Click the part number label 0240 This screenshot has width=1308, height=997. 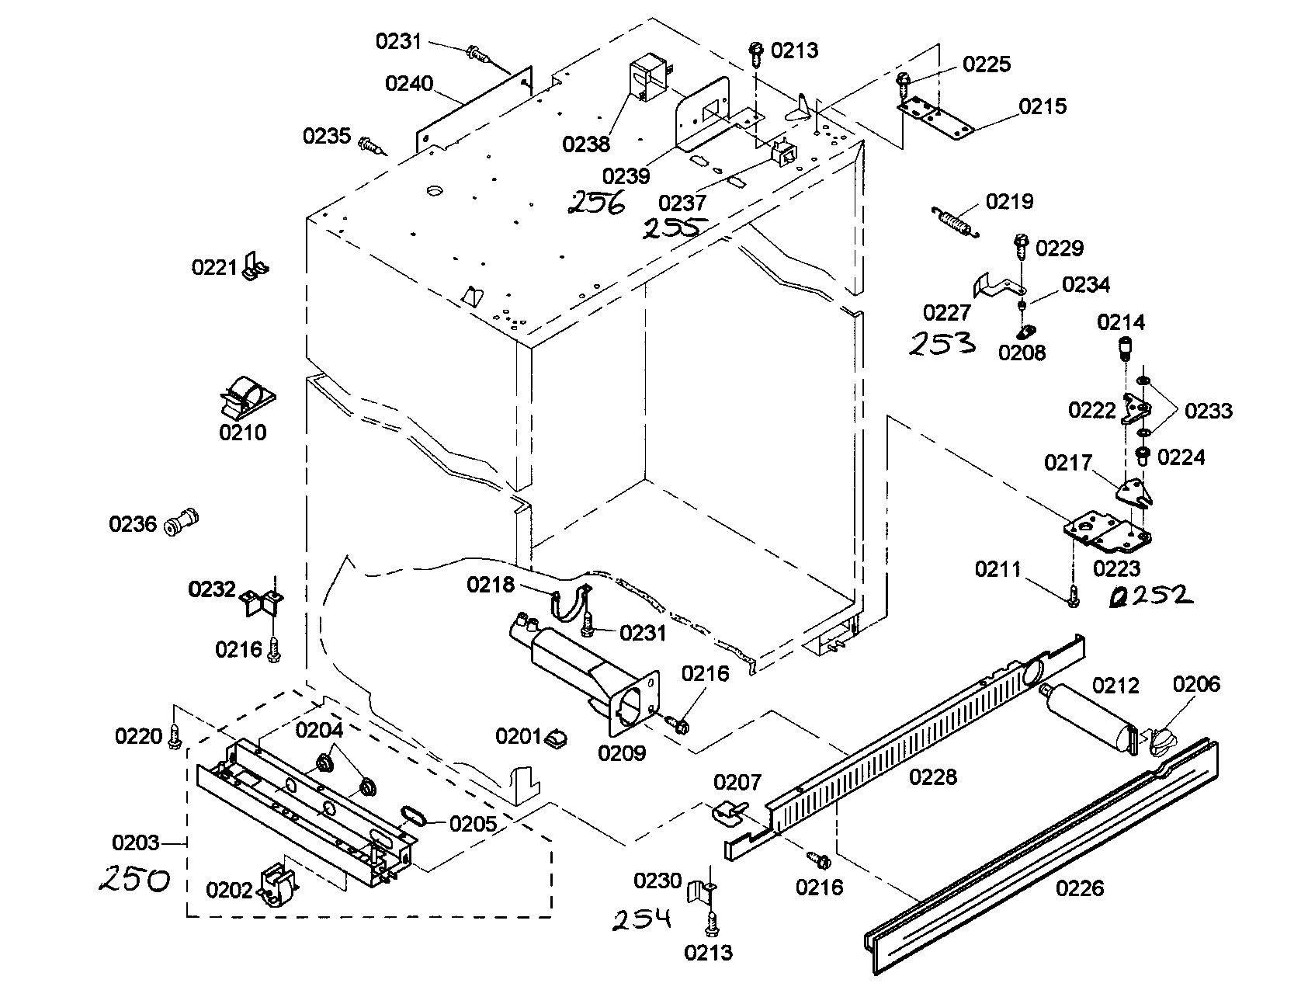click(x=409, y=83)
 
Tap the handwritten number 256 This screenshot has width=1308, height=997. click(x=595, y=203)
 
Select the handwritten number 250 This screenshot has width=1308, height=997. click(x=134, y=881)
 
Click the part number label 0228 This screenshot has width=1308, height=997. click(x=932, y=776)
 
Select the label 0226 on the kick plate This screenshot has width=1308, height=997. click(x=1080, y=888)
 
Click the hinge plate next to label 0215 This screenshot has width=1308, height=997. click(x=935, y=117)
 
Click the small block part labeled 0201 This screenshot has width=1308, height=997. click(x=557, y=737)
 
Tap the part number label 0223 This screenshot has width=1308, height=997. click(x=1116, y=568)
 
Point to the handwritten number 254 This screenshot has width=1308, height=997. click(x=640, y=920)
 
